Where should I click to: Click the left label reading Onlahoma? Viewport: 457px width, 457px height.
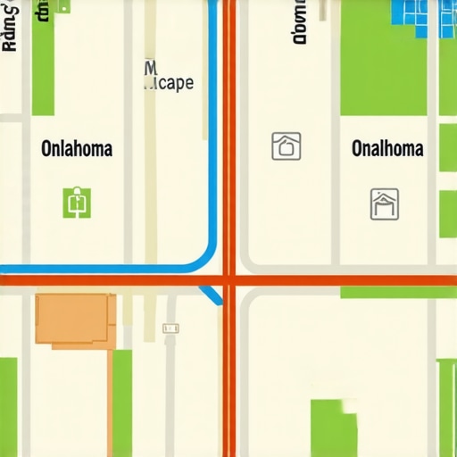pyautogui.click(x=77, y=148)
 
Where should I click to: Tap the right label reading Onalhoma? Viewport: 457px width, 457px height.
pyautogui.click(x=386, y=148)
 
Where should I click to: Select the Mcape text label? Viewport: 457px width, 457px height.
pyautogui.click(x=168, y=83)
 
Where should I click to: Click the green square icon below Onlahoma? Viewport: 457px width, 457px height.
pyautogui.click(x=78, y=203)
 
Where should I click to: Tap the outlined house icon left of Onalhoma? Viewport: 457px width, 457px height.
pyautogui.click(x=286, y=145)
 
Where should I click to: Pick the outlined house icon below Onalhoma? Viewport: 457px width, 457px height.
pyautogui.click(x=384, y=204)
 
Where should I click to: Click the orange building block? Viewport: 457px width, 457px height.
pyautogui.click(x=75, y=319)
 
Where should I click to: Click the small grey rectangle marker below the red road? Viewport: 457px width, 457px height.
pyautogui.click(x=170, y=328)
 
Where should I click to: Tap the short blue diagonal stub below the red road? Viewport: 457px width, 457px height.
pyautogui.click(x=212, y=295)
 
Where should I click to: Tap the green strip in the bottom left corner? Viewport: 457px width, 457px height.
pyautogui.click(x=8, y=407)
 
